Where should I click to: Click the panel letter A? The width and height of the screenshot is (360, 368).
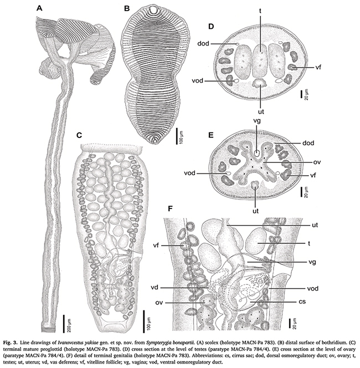(40, 8)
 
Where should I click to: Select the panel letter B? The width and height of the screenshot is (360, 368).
(127, 8)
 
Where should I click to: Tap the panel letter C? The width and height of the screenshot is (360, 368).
(79, 135)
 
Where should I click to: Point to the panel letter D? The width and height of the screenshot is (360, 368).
(211, 26)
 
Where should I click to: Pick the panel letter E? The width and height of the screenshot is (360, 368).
(211, 135)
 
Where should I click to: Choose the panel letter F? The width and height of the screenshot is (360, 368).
(171, 208)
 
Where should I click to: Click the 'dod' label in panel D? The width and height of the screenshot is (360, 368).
(203, 43)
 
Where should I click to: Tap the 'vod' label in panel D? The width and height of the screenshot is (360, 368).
(198, 81)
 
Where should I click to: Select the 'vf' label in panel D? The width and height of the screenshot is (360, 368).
(318, 68)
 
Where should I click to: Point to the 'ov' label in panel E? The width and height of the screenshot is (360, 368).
(317, 162)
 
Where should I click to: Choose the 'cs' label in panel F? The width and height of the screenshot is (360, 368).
(302, 301)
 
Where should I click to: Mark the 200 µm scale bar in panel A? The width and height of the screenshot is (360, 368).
(64, 324)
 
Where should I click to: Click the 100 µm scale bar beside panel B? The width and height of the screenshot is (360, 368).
(177, 136)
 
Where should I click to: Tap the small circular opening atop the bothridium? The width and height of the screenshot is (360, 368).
(153, 11)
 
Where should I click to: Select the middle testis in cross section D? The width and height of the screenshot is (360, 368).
(260, 59)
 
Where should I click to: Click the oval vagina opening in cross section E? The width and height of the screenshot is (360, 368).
(257, 154)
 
